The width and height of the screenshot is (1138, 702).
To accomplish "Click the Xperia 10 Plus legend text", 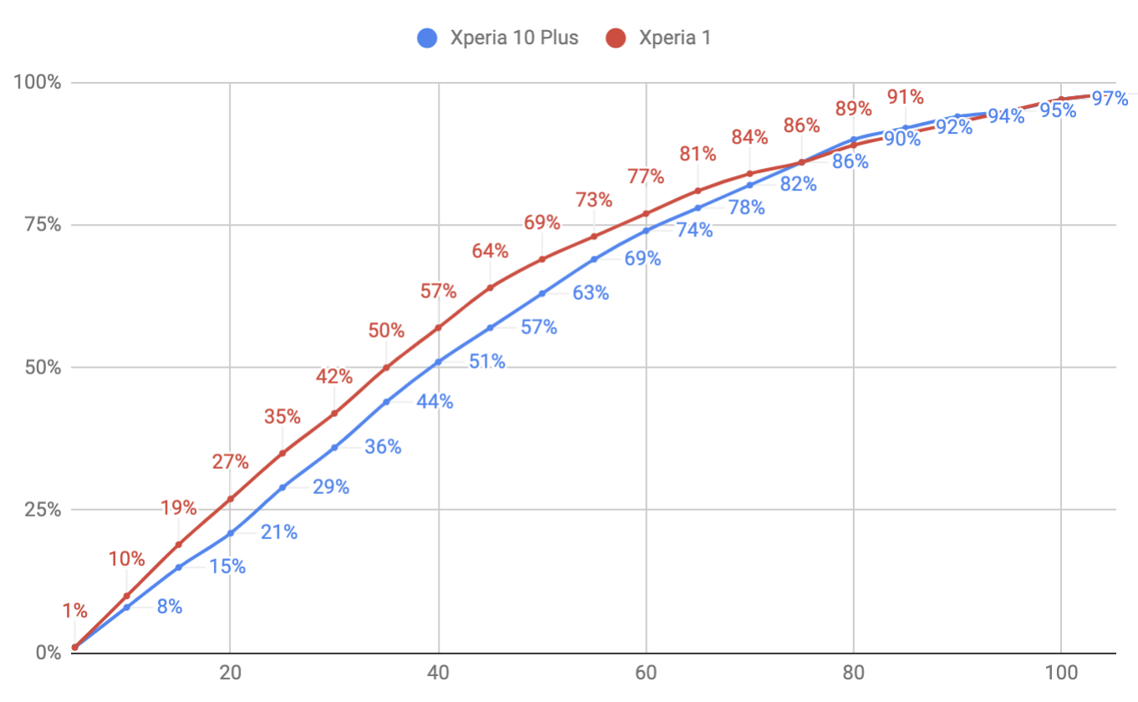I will pyautogui.click(x=514, y=38).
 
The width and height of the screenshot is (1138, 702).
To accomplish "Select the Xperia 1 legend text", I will pyautogui.click(x=674, y=38).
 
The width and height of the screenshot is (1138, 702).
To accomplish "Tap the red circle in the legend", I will pyautogui.click(x=617, y=38).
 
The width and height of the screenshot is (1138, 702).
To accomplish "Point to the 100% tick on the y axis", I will pyautogui.click(x=38, y=83).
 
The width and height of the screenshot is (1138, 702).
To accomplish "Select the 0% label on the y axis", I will pyautogui.click(x=47, y=652).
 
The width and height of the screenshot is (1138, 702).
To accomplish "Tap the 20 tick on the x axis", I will pyautogui.click(x=230, y=674).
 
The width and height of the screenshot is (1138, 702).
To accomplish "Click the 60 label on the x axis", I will pyautogui.click(x=645, y=674).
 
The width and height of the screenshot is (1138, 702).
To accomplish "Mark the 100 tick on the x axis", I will pyautogui.click(x=1060, y=674).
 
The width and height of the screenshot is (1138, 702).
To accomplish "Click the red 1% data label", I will pyautogui.click(x=74, y=610).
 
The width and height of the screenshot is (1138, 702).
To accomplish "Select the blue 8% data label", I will pyautogui.click(x=170, y=607).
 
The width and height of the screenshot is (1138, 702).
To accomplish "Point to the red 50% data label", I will pyautogui.click(x=385, y=330).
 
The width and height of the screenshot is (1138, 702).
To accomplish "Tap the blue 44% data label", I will pyautogui.click(x=434, y=402).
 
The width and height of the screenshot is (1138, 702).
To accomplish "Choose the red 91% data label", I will pyautogui.click(x=905, y=97).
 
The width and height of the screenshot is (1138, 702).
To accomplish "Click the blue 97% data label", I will pyautogui.click(x=1110, y=99).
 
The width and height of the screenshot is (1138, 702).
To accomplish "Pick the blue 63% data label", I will pyautogui.click(x=591, y=293).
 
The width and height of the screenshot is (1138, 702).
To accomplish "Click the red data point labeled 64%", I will pyautogui.click(x=490, y=287).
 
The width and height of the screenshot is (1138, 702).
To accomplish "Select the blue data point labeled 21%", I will pyautogui.click(x=230, y=533).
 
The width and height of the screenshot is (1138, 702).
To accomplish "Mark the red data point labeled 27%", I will pyautogui.click(x=230, y=499).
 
